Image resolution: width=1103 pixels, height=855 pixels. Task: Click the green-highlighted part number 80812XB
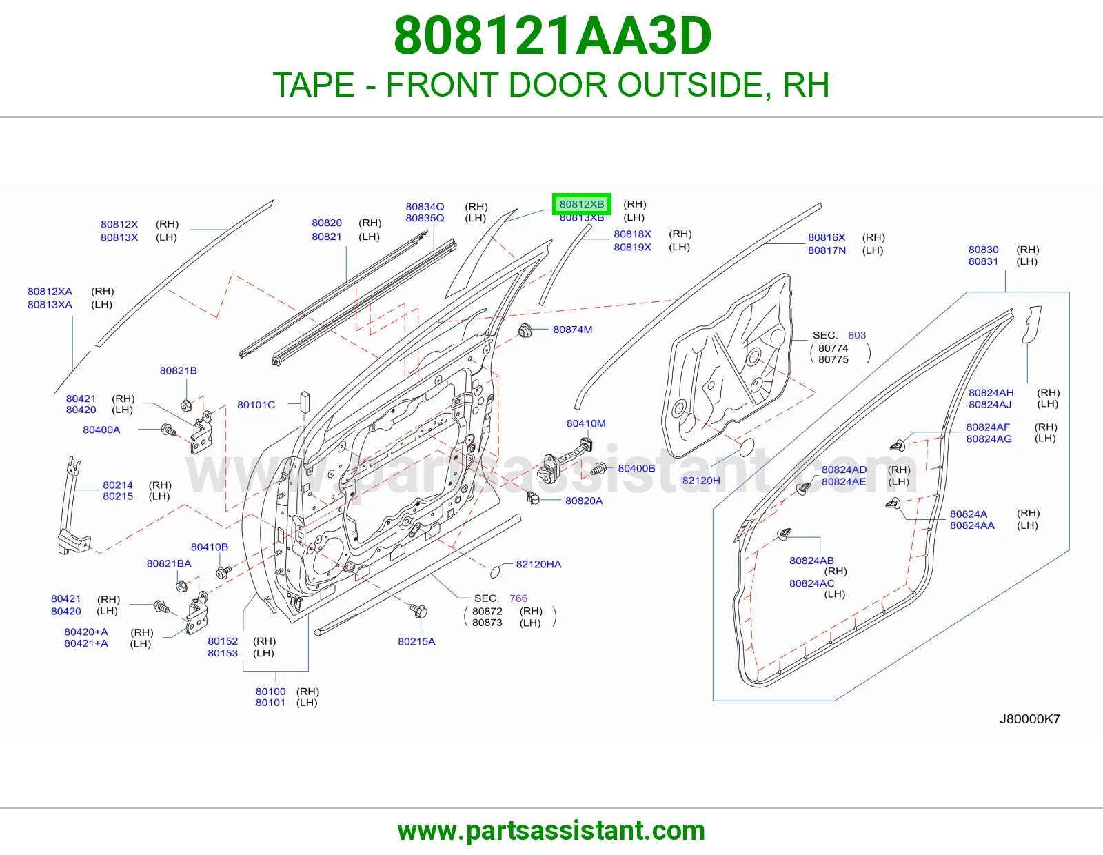[582, 204]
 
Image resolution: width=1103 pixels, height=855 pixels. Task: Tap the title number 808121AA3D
[552, 36]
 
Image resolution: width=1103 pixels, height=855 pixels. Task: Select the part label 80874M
[573, 330]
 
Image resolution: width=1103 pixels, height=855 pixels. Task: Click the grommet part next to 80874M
[525, 331]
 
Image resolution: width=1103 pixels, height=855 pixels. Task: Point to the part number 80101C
[256, 405]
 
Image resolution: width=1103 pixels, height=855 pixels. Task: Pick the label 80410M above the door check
[586, 423]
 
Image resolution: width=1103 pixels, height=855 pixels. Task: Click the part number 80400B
[636, 468]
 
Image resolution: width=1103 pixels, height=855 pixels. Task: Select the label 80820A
[584, 501]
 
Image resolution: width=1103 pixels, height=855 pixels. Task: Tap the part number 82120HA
[538, 564]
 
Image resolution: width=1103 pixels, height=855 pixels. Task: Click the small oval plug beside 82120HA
[496, 572]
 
